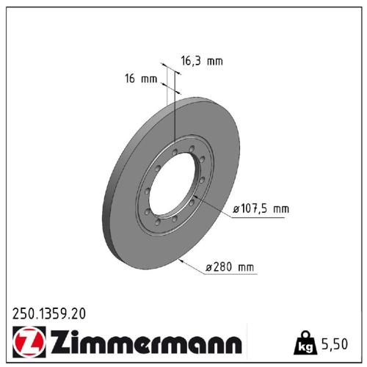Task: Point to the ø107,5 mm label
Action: (261, 209)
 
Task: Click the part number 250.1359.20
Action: (49, 313)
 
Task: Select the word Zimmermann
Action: (144, 343)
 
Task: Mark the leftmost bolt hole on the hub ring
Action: (146, 192)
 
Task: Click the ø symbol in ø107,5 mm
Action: (236, 209)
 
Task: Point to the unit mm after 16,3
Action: (214, 62)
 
